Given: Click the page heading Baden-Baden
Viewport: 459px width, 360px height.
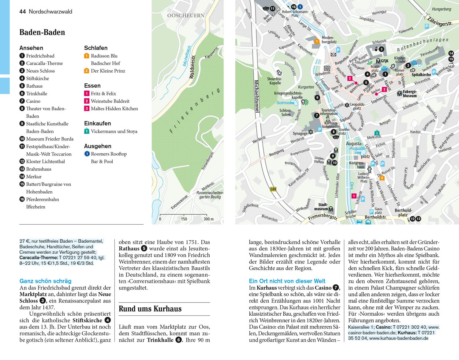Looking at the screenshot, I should click(x=42, y=32).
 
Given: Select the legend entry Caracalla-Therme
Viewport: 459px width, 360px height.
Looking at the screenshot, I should click(x=44, y=63).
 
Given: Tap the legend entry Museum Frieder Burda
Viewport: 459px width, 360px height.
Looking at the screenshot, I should click(x=50, y=139).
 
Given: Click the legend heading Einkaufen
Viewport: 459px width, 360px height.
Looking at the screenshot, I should click(x=97, y=123).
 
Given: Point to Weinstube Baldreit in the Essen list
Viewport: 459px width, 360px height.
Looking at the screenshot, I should click(x=110, y=101).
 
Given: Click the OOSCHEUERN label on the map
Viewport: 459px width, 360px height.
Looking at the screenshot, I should click(x=186, y=16).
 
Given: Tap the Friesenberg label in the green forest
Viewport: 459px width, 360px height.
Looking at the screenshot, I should click(x=196, y=111).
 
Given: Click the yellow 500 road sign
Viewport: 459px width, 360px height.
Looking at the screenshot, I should click(x=273, y=189).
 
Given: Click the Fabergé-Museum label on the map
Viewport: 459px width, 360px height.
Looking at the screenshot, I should click(x=409, y=94).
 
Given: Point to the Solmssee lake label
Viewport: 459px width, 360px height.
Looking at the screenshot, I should click(x=285, y=103).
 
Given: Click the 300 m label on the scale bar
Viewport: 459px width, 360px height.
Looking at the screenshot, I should click(x=209, y=219).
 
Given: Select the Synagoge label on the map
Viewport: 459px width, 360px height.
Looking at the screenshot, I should click(x=300, y=133).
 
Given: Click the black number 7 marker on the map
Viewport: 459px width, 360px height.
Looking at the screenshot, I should click(x=317, y=115).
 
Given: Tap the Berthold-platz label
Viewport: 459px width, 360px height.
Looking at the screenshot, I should click(x=403, y=212).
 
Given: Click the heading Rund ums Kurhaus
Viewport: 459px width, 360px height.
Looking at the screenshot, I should click(x=150, y=309).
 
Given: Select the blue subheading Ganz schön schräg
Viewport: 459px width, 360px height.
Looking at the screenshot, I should click(x=45, y=281).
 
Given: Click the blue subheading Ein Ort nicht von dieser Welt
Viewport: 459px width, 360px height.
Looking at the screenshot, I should click(x=287, y=281).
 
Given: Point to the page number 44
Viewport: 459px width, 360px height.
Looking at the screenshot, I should click(x=22, y=12).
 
